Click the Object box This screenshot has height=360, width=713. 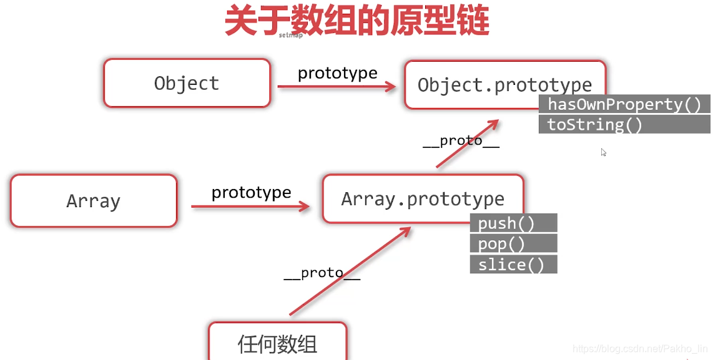click(x=187, y=83)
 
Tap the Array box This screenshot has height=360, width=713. click(x=94, y=201)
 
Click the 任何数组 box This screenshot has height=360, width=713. click(x=277, y=342)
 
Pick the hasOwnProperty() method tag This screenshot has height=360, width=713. click(x=624, y=104)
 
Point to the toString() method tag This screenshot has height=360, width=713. click(x=594, y=125)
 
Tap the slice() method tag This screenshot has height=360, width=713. click(x=513, y=265)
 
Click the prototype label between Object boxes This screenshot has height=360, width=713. click(x=337, y=73)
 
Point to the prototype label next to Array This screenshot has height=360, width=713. click(x=251, y=192)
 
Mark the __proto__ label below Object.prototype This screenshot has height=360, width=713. click(x=461, y=141)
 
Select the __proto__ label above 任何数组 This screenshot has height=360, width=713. click(x=322, y=273)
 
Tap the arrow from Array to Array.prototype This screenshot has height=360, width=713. click(x=250, y=206)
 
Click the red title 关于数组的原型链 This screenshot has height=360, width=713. click(x=356, y=21)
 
